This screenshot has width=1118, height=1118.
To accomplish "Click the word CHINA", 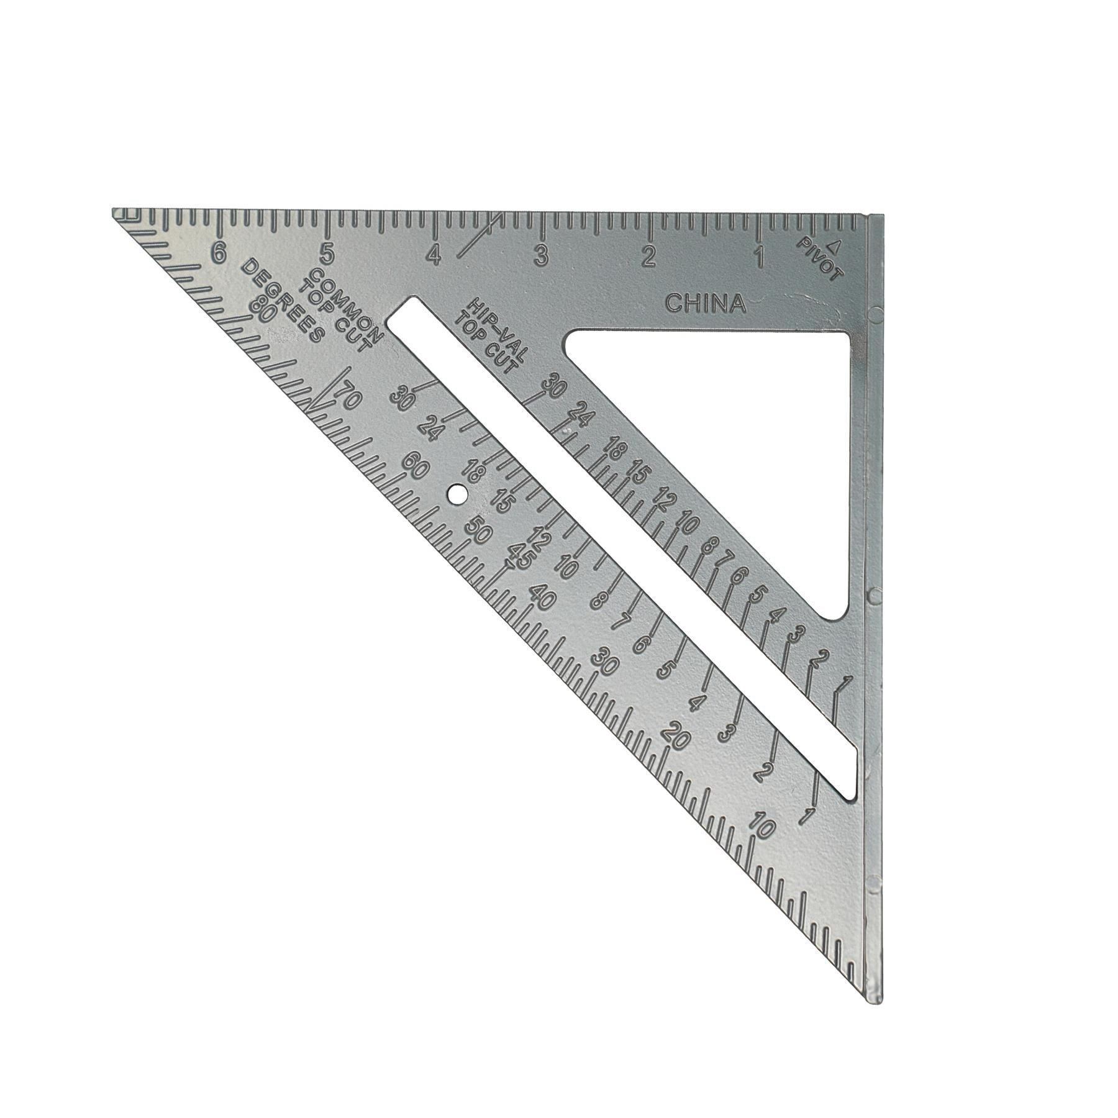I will click(705, 304).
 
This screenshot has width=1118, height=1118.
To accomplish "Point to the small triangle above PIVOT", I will click(835, 247).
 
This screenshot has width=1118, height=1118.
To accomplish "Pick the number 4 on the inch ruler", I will click(434, 255).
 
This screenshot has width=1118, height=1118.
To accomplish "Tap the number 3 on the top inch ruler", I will click(542, 256).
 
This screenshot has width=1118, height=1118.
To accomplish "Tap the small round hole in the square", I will click(458, 494).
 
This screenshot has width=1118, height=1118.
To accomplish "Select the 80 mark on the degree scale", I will click(261, 309).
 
